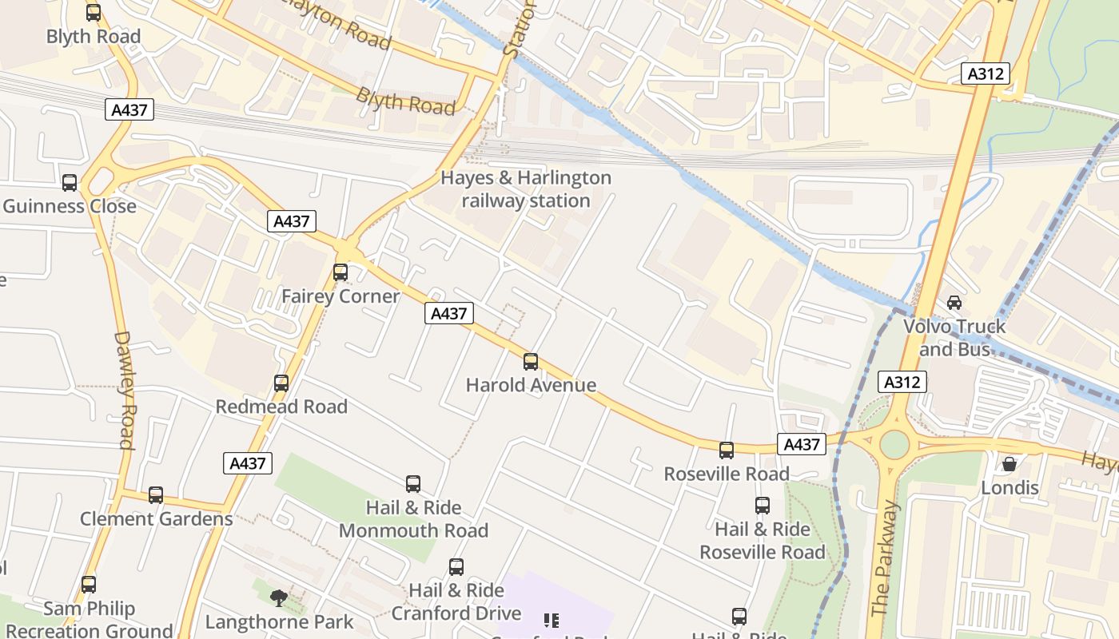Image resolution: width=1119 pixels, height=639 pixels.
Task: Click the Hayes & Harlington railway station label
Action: pyautogui.click(x=526, y=189)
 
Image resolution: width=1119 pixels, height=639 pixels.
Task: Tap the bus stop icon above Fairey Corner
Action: pyautogui.click(x=340, y=272)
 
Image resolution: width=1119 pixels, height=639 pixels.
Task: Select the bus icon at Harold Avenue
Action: pyautogui.click(x=531, y=362)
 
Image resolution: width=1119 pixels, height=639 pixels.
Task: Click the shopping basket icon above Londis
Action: pyautogui.click(x=1009, y=464)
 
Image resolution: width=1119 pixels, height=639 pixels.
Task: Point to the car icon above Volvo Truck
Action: pyautogui.click(x=954, y=303)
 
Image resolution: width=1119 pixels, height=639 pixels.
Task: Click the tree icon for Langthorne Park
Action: pyautogui.click(x=279, y=597)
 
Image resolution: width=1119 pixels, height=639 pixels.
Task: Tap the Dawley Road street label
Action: pyautogui.click(x=125, y=390)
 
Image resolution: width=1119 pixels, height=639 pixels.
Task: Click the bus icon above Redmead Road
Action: pyautogui.click(x=281, y=383)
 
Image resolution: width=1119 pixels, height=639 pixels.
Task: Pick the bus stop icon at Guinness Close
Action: pyautogui.click(x=70, y=183)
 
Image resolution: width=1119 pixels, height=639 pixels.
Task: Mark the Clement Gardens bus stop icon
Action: pyautogui.click(x=156, y=495)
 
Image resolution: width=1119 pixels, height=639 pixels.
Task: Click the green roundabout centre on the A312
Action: pyautogui.click(x=894, y=444)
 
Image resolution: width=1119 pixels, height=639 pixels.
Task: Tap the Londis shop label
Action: pyautogui.click(x=1009, y=488)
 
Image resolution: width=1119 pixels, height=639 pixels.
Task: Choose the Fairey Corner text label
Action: pyautogui.click(x=340, y=296)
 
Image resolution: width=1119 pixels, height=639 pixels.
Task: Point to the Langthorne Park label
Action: pyautogui.click(x=279, y=621)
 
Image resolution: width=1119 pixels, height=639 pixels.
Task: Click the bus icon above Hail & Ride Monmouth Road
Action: pyautogui.click(x=413, y=483)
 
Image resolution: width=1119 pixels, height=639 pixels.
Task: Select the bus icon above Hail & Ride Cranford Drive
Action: pyautogui.click(x=456, y=567)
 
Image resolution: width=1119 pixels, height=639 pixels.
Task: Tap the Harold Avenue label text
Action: pyautogui.click(x=531, y=385)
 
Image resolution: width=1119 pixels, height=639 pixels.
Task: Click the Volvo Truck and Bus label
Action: pyautogui.click(x=954, y=337)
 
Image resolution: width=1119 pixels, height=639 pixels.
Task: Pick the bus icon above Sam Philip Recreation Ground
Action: pyautogui.click(x=89, y=585)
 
